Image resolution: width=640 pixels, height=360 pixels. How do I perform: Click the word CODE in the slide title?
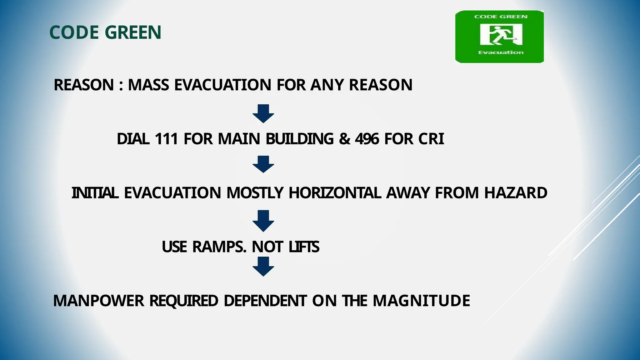[74, 32]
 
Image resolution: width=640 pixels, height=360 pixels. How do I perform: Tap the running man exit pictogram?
[501, 35]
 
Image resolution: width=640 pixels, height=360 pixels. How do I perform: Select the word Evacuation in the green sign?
[501, 52]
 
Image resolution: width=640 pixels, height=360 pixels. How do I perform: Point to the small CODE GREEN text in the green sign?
[501, 17]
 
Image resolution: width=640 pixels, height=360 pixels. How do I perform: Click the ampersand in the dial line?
[344, 139]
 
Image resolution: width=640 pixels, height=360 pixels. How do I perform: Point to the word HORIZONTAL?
[335, 193]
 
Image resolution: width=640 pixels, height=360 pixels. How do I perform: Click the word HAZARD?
[516, 193]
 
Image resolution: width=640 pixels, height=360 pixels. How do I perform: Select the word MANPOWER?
[99, 301]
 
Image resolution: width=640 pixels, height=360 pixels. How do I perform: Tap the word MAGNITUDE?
[421, 301]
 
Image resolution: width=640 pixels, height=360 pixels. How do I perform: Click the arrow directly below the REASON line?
[263, 113]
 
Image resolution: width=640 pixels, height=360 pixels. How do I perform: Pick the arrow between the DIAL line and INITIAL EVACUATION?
[263, 164]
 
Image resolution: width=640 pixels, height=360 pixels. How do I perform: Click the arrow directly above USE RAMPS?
[263, 221]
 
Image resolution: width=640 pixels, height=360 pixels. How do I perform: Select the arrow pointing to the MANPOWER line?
[263, 267]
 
